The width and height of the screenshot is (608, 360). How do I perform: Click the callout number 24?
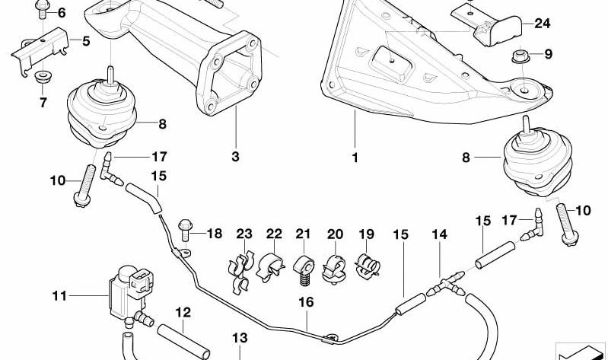542,24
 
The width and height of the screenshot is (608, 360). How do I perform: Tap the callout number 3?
235,158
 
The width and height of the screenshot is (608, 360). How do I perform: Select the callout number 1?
355,158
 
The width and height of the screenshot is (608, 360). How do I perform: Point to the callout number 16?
305,302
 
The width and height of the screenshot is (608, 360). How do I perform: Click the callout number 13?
240,337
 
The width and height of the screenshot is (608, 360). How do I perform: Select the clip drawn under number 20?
336,266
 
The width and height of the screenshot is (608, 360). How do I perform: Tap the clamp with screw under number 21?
304,267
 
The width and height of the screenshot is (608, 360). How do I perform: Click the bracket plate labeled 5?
41,43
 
